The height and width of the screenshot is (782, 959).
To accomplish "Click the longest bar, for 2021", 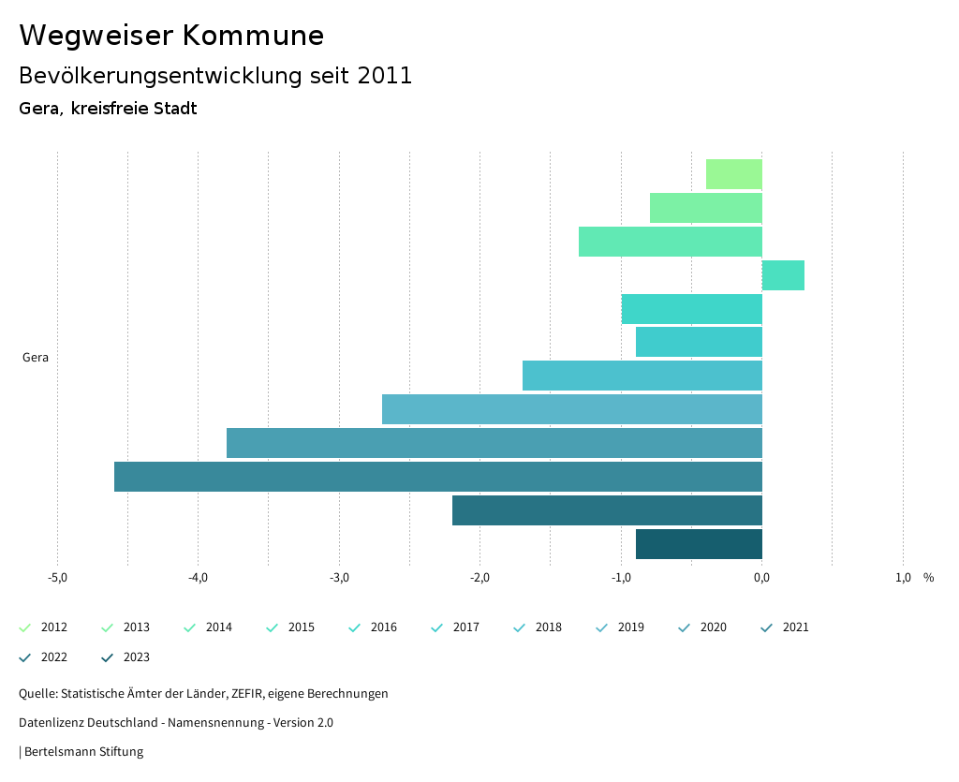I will coord(437,477).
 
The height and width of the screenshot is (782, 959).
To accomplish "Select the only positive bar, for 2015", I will coord(783,275).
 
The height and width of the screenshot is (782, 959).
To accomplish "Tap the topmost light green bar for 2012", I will coord(733,174).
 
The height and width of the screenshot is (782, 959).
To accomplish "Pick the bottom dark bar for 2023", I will coord(699,544).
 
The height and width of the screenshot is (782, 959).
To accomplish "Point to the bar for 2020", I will coord(494,443).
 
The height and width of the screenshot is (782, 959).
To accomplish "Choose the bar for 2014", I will coord(670,242).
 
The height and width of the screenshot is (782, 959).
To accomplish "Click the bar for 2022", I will coord(607,510).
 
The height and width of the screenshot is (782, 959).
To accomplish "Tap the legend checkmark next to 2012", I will coord(25,627).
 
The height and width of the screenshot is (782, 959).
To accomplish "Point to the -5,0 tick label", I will coord(57,578).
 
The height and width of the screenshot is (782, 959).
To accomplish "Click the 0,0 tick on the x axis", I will coord(761,578).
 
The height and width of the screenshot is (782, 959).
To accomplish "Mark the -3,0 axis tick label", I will coord(339,578).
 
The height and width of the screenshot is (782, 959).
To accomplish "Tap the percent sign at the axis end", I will coord(928,578).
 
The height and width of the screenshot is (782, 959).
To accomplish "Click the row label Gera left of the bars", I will coord(36,358).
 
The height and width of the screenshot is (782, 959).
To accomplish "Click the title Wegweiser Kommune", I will coord(171,36).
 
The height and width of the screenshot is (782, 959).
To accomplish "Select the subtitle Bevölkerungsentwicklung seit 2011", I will coord(215,76).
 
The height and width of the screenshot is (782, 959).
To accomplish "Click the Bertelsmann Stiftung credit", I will coord(83,751).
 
